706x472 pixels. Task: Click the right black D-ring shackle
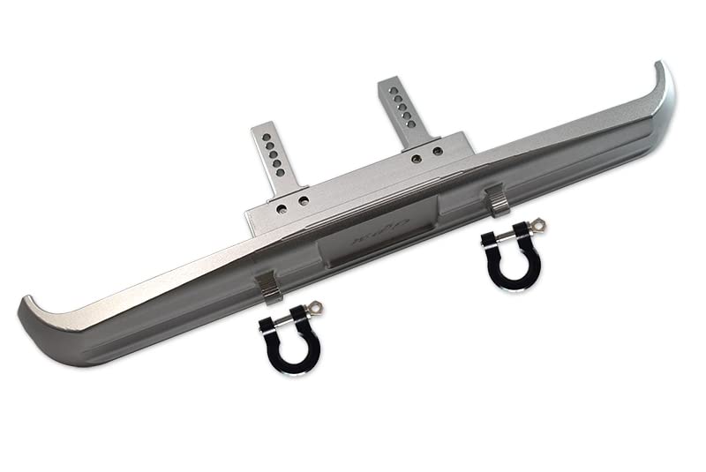coord(510,256)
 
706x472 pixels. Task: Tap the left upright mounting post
coord(272,159)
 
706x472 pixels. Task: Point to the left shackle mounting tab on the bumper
coord(267,287)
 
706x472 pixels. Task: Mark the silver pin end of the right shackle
coord(539,226)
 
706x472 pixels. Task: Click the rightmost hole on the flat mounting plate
coord(439,152)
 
